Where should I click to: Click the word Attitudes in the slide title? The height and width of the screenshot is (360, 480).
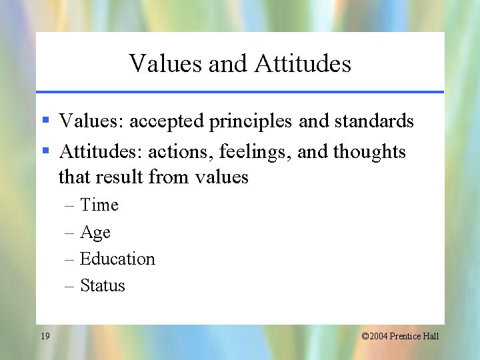303,63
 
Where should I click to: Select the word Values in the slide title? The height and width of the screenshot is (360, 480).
166,63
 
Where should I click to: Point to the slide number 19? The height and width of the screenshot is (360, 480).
45,336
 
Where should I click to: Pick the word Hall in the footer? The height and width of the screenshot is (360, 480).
431,336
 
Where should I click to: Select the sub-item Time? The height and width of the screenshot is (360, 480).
99,205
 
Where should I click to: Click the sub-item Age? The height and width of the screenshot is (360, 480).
95,233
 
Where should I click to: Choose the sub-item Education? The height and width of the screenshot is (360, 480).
117,259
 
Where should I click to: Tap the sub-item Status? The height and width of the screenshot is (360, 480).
102,285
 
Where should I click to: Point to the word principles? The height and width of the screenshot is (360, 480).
250,121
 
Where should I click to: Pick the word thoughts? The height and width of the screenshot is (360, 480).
369,152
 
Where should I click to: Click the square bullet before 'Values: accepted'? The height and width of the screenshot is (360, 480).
46,121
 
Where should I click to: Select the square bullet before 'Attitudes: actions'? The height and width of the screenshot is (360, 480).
46,151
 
